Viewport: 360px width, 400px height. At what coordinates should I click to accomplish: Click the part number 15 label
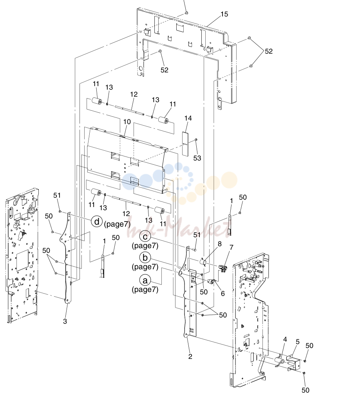coord(224,14)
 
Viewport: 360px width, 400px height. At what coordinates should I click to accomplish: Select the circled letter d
coord(97,222)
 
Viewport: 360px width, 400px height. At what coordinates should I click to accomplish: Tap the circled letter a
coord(145,280)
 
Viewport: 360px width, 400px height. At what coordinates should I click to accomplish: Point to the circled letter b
coord(145,258)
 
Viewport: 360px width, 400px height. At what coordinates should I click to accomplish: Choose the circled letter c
coord(145,237)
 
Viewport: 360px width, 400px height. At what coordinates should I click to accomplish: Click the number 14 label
coord(188,118)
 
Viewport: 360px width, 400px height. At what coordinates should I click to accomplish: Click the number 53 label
coord(197,158)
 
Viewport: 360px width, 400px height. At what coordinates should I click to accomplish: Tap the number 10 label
coord(127,122)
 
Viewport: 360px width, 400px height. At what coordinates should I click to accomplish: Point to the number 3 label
coord(65,321)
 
